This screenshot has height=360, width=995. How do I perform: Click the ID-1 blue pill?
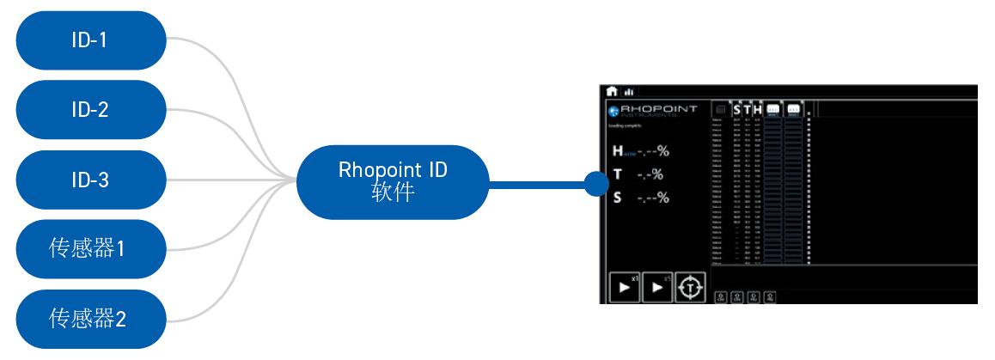pos(89,40)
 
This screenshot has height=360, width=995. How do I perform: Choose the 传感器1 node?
pos(89,250)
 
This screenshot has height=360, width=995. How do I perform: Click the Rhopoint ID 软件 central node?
pos(393,182)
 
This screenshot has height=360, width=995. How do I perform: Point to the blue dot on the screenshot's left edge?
pos(595,182)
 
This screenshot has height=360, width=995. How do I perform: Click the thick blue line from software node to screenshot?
pos(537,182)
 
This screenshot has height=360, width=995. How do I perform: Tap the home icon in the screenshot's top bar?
pos(613,90)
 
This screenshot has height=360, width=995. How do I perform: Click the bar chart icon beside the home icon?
pos(629,91)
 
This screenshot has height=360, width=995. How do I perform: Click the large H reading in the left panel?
pos(640,152)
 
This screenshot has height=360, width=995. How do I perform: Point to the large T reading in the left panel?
pos(640,175)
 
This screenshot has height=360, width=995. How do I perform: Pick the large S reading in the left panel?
pos(640,198)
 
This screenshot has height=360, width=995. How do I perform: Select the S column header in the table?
pos(736,110)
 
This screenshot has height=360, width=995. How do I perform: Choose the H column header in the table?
pos(758,110)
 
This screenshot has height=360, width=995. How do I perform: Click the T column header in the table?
pos(748,110)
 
